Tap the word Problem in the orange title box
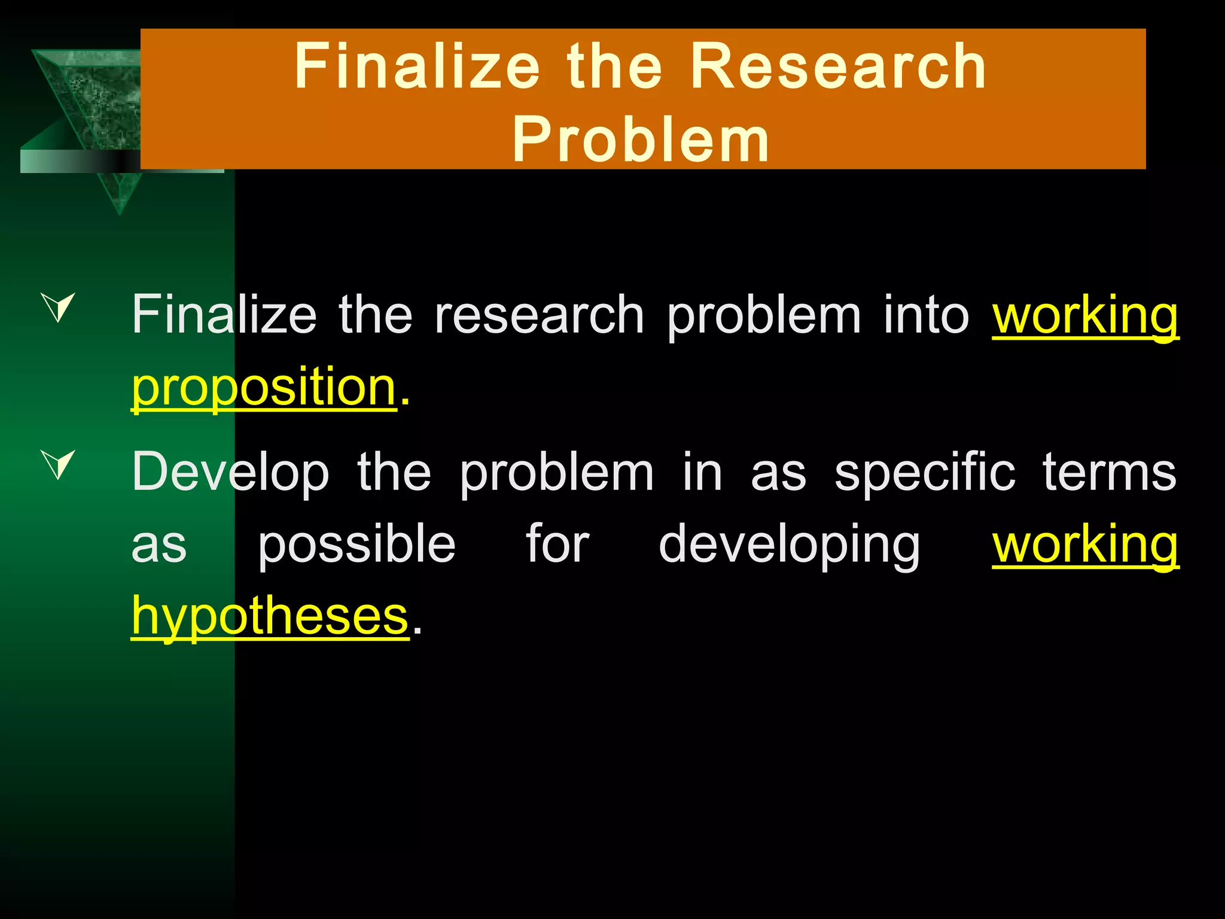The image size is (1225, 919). click(x=641, y=139)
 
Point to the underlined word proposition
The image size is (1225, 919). click(x=264, y=387)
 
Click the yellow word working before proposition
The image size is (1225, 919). click(x=1085, y=315)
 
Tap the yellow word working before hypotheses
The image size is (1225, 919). click(x=1085, y=544)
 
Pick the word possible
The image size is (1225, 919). click(x=356, y=544)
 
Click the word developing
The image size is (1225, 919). click(x=789, y=544)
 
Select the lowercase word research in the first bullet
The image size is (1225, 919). click(x=539, y=315)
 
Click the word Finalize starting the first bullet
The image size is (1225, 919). click(x=224, y=315)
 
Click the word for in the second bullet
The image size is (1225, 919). click(x=557, y=544)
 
